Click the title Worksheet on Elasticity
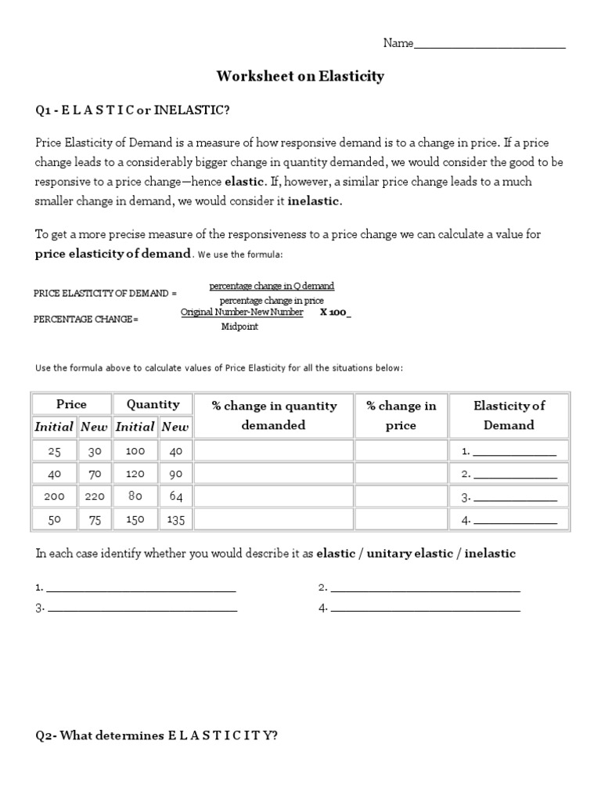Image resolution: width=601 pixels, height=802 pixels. coord(300,76)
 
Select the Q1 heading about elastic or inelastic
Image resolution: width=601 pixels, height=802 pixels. coord(132,110)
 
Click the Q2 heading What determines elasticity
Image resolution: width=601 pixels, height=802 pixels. coord(157,735)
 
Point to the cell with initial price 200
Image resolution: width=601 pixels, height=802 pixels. coord(54,496)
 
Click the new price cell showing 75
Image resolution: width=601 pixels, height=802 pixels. coord(93,518)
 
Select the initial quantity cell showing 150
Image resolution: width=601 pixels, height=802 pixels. coord(135,518)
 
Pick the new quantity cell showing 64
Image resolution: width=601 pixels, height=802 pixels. coord(175,496)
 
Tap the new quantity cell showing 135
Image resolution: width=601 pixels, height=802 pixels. coord(175,518)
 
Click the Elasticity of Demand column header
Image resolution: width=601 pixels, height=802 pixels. coord(509,415)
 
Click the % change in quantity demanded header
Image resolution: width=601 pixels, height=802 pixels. coord(274,415)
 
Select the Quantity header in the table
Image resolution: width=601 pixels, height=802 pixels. coord(153,404)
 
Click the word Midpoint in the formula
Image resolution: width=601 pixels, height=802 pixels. coord(239,327)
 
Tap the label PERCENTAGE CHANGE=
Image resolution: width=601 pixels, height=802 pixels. coord(86,320)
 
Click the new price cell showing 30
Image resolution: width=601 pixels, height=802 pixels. coord(93,450)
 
